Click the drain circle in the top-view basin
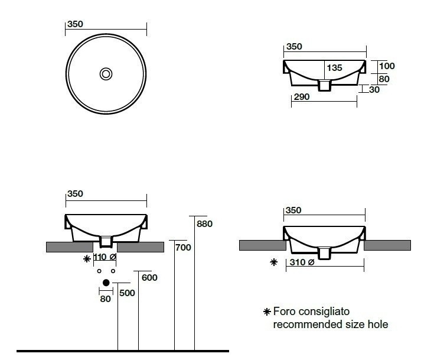106,74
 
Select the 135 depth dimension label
334,68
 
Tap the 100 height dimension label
387,66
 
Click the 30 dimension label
374,90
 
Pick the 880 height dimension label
204,224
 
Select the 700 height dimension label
184,248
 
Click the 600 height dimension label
150,278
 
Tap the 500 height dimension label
127,293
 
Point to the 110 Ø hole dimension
104,257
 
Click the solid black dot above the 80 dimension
106,283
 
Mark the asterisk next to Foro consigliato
267,312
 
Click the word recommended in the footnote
302,324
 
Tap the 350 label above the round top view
75,24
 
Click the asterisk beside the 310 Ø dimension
273,262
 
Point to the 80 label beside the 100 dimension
384,79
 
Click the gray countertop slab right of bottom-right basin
388,245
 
